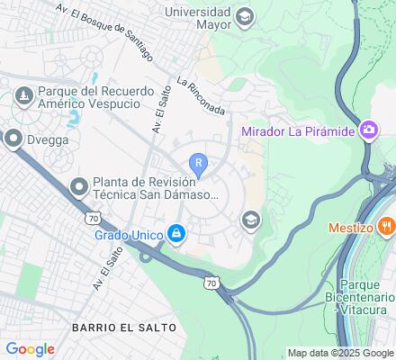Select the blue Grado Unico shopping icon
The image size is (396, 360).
point(177,235)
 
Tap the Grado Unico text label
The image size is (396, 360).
point(129,236)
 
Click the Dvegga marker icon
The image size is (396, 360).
point(13,139)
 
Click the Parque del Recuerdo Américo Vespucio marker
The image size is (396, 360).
point(22,92)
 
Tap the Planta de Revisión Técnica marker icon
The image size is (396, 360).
point(79,187)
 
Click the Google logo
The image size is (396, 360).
point(30,348)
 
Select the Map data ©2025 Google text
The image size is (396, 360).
point(340,353)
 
